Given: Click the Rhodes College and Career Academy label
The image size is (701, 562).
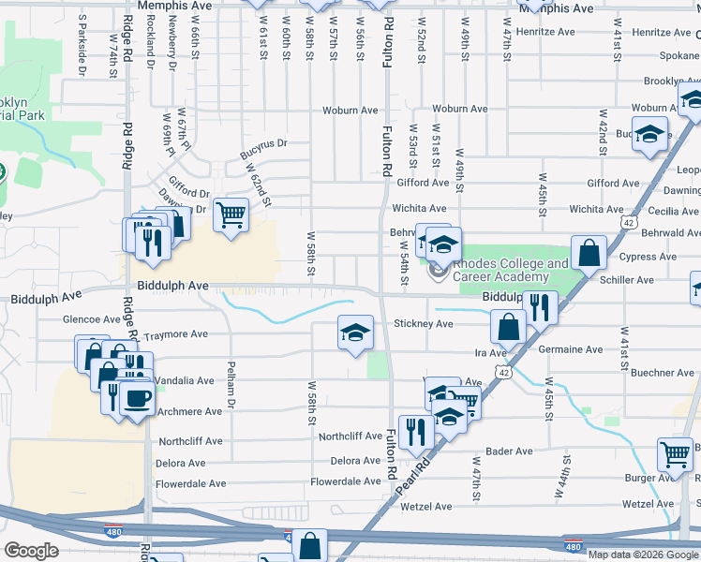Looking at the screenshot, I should tap(511, 270).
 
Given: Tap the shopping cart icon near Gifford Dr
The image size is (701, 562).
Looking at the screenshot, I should tap(231, 214).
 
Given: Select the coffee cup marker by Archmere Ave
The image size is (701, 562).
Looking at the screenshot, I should tap(138, 397).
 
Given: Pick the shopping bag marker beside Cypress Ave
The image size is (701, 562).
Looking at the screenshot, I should tap(589, 252).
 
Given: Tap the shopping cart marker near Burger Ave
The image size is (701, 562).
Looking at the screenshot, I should tap(675, 455).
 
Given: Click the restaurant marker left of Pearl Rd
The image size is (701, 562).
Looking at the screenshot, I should tap(412, 431).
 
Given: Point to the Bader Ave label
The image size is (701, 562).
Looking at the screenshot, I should tap(510, 451).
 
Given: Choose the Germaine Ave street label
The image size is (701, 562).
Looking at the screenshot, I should tap(571, 348).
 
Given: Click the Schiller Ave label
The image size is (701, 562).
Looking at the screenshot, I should tap(632, 280).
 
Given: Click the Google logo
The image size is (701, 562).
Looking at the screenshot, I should tap(31, 550).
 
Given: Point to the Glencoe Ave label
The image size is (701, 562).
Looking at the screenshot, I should tap(91, 318).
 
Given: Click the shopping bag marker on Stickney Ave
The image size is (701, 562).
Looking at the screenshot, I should tap(508, 326).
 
